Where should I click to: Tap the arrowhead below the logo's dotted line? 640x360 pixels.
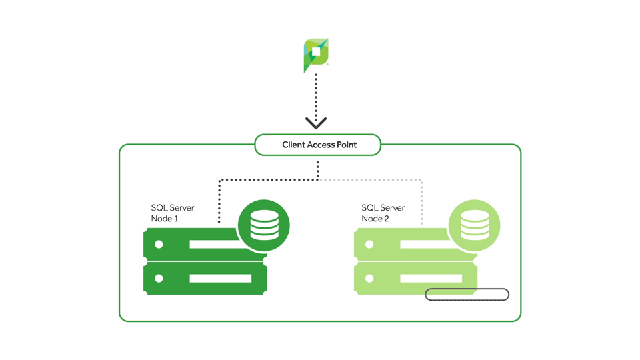coord(316,123)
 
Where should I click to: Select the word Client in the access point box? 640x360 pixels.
coord(293,145)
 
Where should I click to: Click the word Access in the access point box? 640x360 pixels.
coord(322,145)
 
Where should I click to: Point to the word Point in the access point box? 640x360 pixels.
coord(347,145)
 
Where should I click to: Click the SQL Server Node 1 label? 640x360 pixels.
coord(172,213)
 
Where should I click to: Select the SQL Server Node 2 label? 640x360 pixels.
coord(383,213)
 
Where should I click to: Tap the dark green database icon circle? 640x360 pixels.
coord(264,226)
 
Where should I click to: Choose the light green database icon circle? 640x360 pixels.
coord(475,226)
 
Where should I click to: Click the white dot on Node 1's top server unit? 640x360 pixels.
coord(159,245)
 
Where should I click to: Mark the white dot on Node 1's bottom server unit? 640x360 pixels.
coord(159,278)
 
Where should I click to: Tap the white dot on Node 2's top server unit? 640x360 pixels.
coord(369,245)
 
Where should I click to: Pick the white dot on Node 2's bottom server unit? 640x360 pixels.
coord(369,278)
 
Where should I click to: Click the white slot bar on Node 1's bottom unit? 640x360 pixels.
coord(220,278)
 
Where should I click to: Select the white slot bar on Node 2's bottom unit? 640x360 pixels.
coord(431,278)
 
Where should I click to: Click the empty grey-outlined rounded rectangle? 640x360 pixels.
coord(467,294)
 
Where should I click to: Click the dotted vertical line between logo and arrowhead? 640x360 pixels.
coord(316,93)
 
